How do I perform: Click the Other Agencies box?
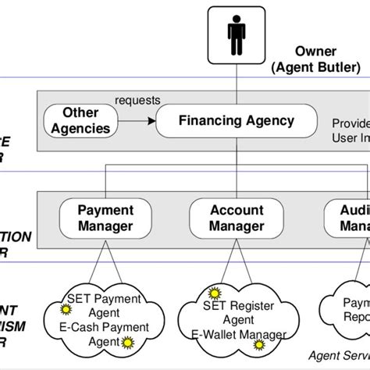click(x=85, y=121)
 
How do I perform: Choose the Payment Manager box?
click(x=106, y=218)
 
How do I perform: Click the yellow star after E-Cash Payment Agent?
click(x=126, y=341)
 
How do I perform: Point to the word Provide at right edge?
click(x=350, y=123)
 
